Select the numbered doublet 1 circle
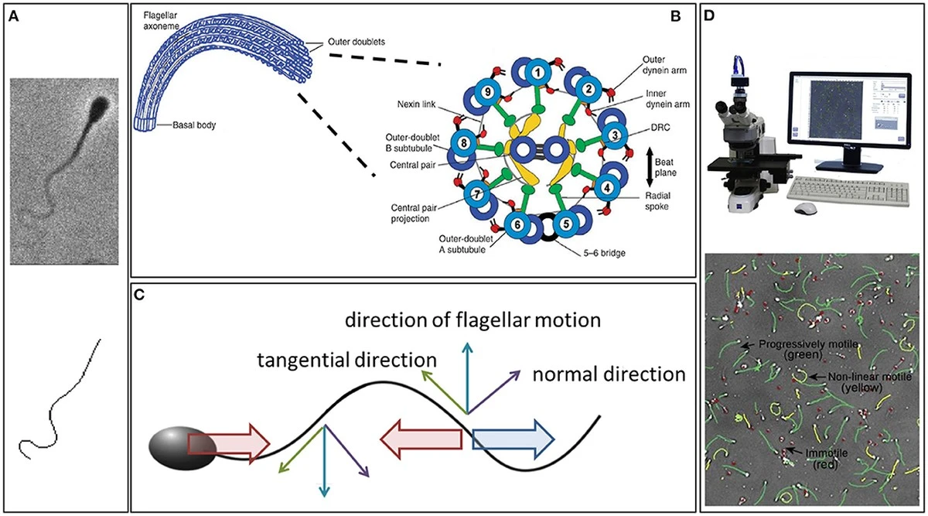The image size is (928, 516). tap(538, 73)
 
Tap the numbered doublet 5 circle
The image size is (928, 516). tap(566, 224)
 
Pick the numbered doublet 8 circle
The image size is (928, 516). tap(463, 143)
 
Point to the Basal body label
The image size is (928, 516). tap(194, 125)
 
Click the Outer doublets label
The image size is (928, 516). tap(357, 42)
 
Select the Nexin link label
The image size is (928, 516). tap(416, 104)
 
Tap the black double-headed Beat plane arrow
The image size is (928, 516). tap(649, 166)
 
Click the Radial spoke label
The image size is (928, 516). tap(657, 200)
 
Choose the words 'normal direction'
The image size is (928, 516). tap(609, 374)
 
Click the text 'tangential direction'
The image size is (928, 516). tap(346, 360)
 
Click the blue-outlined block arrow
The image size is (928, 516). tap(513, 439)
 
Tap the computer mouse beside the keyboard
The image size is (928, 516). tap(806, 208)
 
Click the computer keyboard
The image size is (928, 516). tap(848, 192)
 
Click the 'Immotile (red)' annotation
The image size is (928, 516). tap(826, 459)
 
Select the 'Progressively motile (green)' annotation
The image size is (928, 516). tap(808, 349)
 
